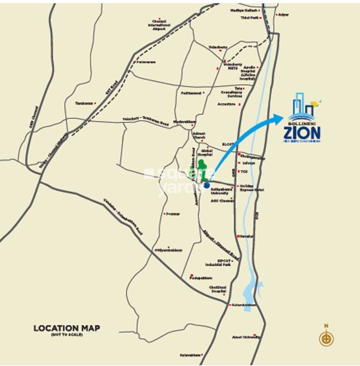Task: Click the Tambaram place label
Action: point(84,103)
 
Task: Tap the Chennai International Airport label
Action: point(159,25)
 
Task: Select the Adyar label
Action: point(283,14)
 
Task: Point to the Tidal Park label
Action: point(250,18)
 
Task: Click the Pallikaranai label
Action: point(191,93)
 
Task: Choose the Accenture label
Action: point(227,104)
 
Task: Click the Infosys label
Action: point(249,163)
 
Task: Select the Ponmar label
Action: point(172,214)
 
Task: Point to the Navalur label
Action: point(247,236)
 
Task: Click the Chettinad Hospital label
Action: point(218,289)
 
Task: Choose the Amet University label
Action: point(246,337)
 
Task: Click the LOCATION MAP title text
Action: point(67,328)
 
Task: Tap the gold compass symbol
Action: point(326,339)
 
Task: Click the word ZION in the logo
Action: point(302,133)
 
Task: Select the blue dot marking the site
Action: point(207,185)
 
